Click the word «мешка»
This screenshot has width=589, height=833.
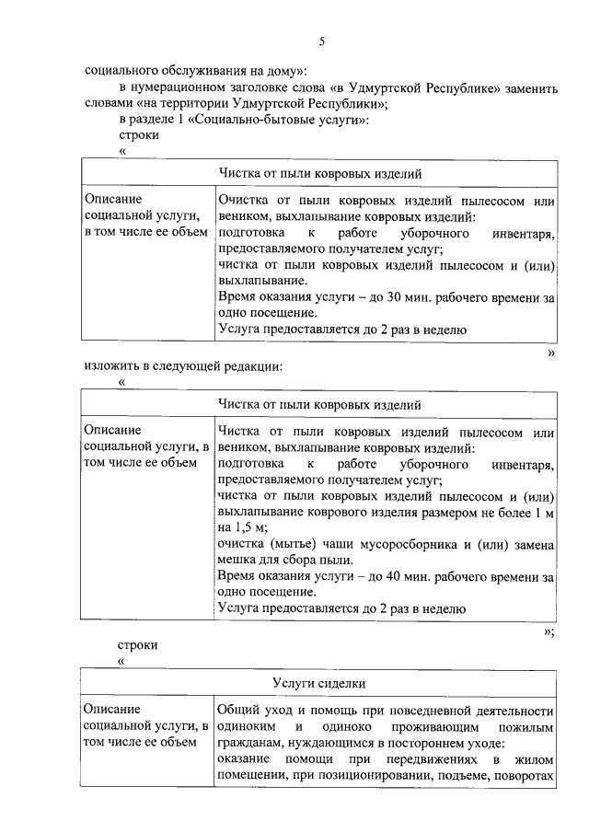point(238,561)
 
